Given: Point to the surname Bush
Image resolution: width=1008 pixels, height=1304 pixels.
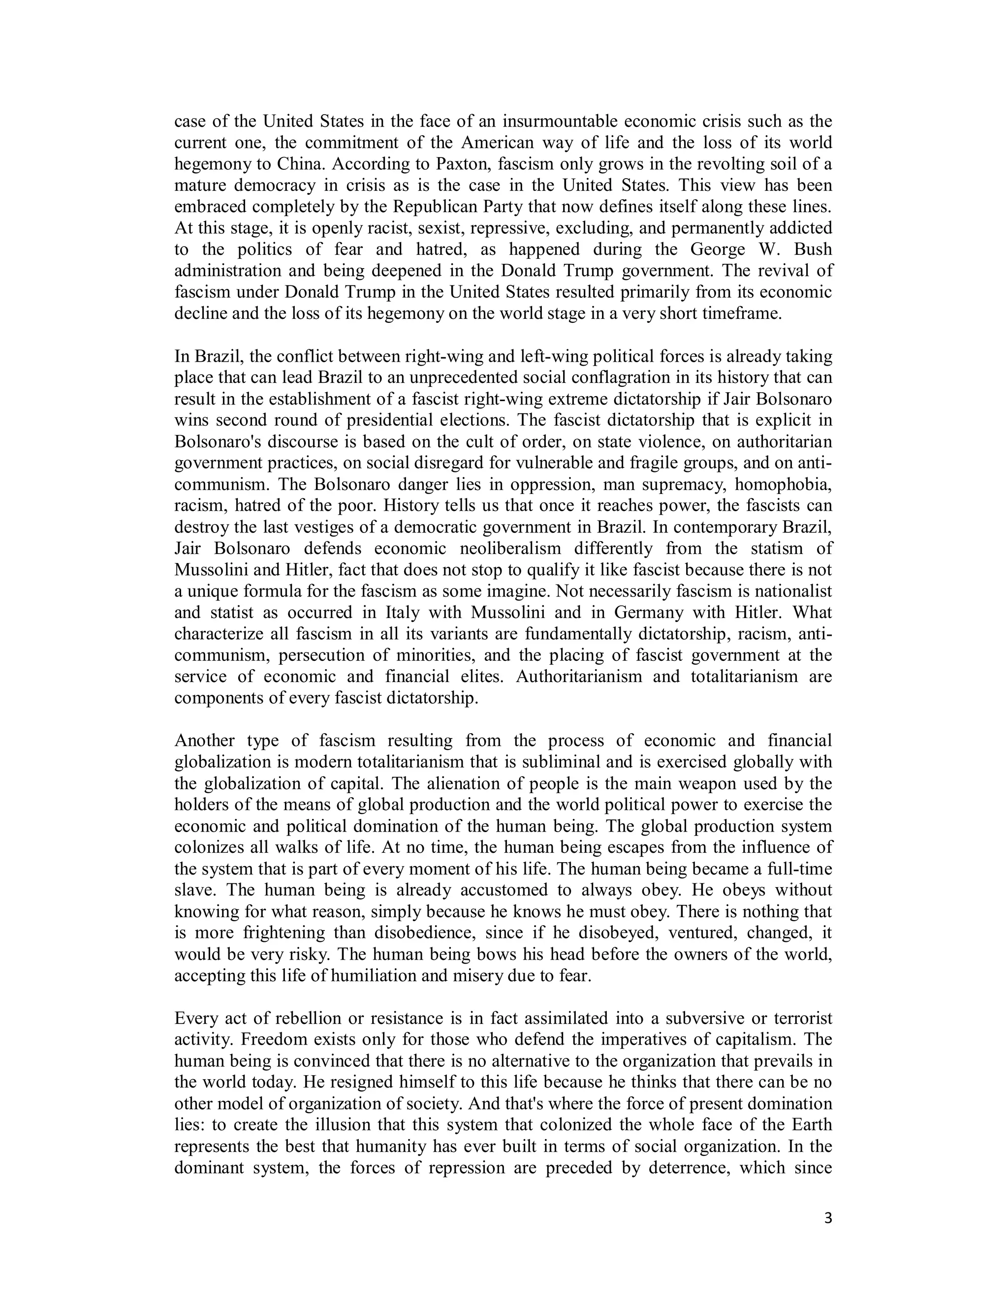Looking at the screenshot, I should (x=812, y=249).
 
